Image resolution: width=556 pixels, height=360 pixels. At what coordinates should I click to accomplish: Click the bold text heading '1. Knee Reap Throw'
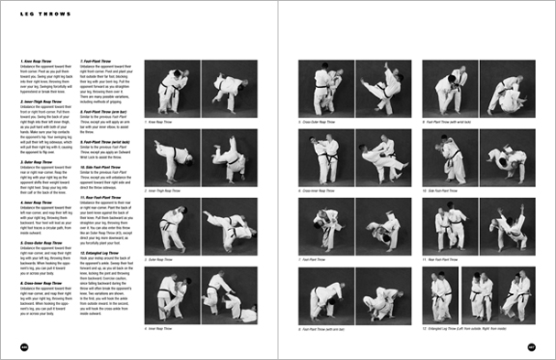pyautogui.click(x=37, y=61)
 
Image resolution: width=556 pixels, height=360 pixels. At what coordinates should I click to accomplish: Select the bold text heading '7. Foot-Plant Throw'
pyautogui.click(x=99, y=61)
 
